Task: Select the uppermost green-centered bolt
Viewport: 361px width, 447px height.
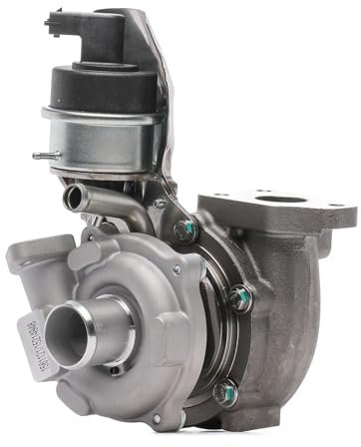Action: point(183,228)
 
